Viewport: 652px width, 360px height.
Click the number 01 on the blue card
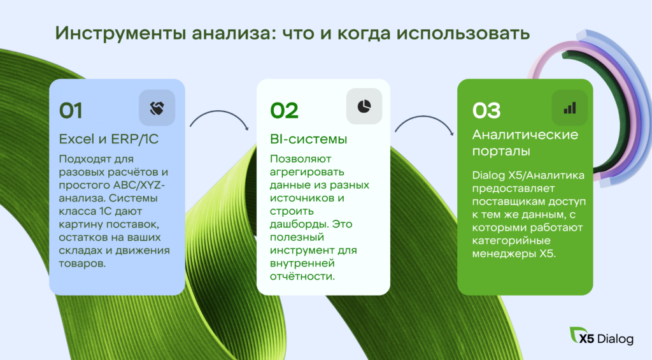point(71,111)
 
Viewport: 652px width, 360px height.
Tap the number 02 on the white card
point(285,111)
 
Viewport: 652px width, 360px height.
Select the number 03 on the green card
point(486,111)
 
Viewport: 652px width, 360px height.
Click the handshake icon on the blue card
point(157,108)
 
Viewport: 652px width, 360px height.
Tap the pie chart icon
point(364,106)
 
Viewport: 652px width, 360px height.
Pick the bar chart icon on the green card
point(570,108)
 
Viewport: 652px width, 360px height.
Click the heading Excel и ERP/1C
point(108,139)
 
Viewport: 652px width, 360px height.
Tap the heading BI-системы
point(308,139)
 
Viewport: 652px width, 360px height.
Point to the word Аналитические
point(525,135)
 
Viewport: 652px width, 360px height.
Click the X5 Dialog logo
point(601,336)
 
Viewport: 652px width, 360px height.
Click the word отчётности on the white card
point(302,277)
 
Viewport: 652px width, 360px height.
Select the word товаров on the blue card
point(82,263)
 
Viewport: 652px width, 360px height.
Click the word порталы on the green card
point(501,151)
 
